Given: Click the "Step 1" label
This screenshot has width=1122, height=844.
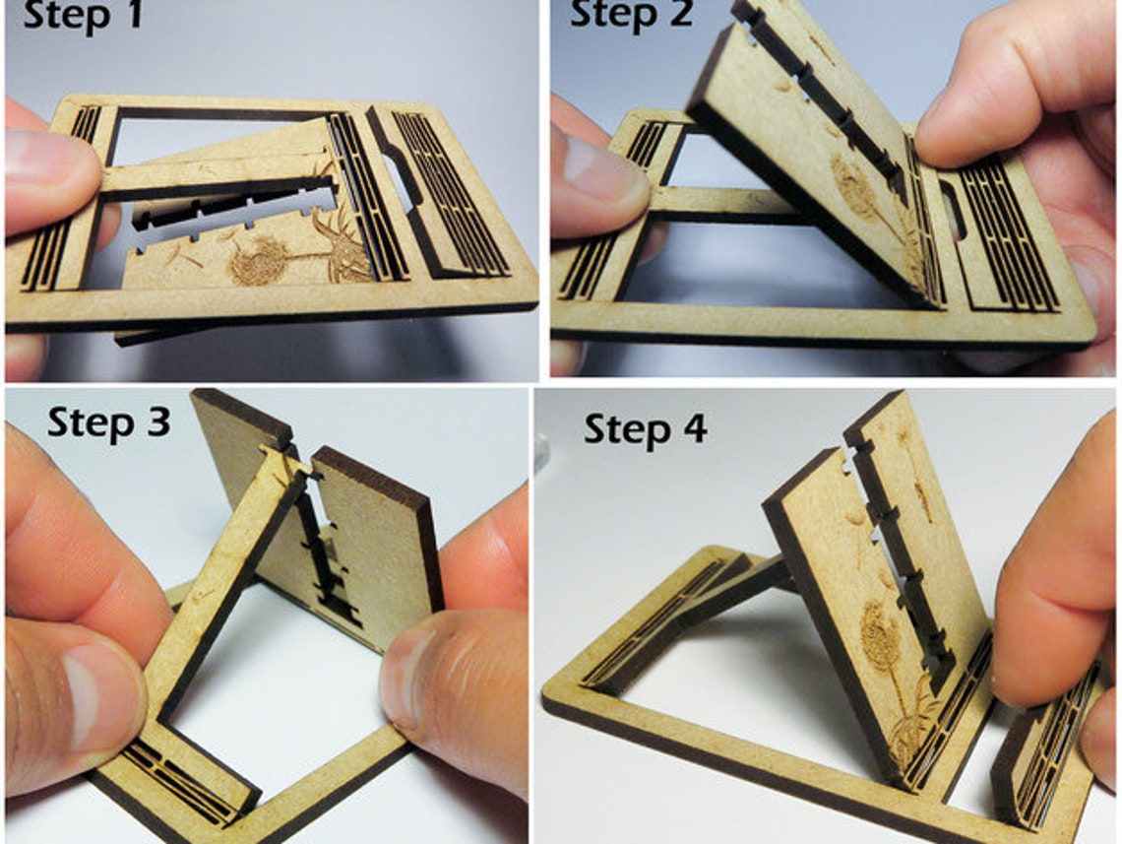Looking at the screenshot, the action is (x=83, y=16).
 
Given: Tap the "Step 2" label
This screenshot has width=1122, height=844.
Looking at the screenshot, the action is (x=631, y=15).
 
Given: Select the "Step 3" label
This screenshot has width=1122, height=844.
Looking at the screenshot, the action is (x=109, y=422).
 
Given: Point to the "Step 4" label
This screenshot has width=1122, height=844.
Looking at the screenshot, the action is (x=646, y=430).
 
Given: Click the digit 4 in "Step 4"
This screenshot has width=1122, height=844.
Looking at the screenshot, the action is (x=694, y=429).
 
